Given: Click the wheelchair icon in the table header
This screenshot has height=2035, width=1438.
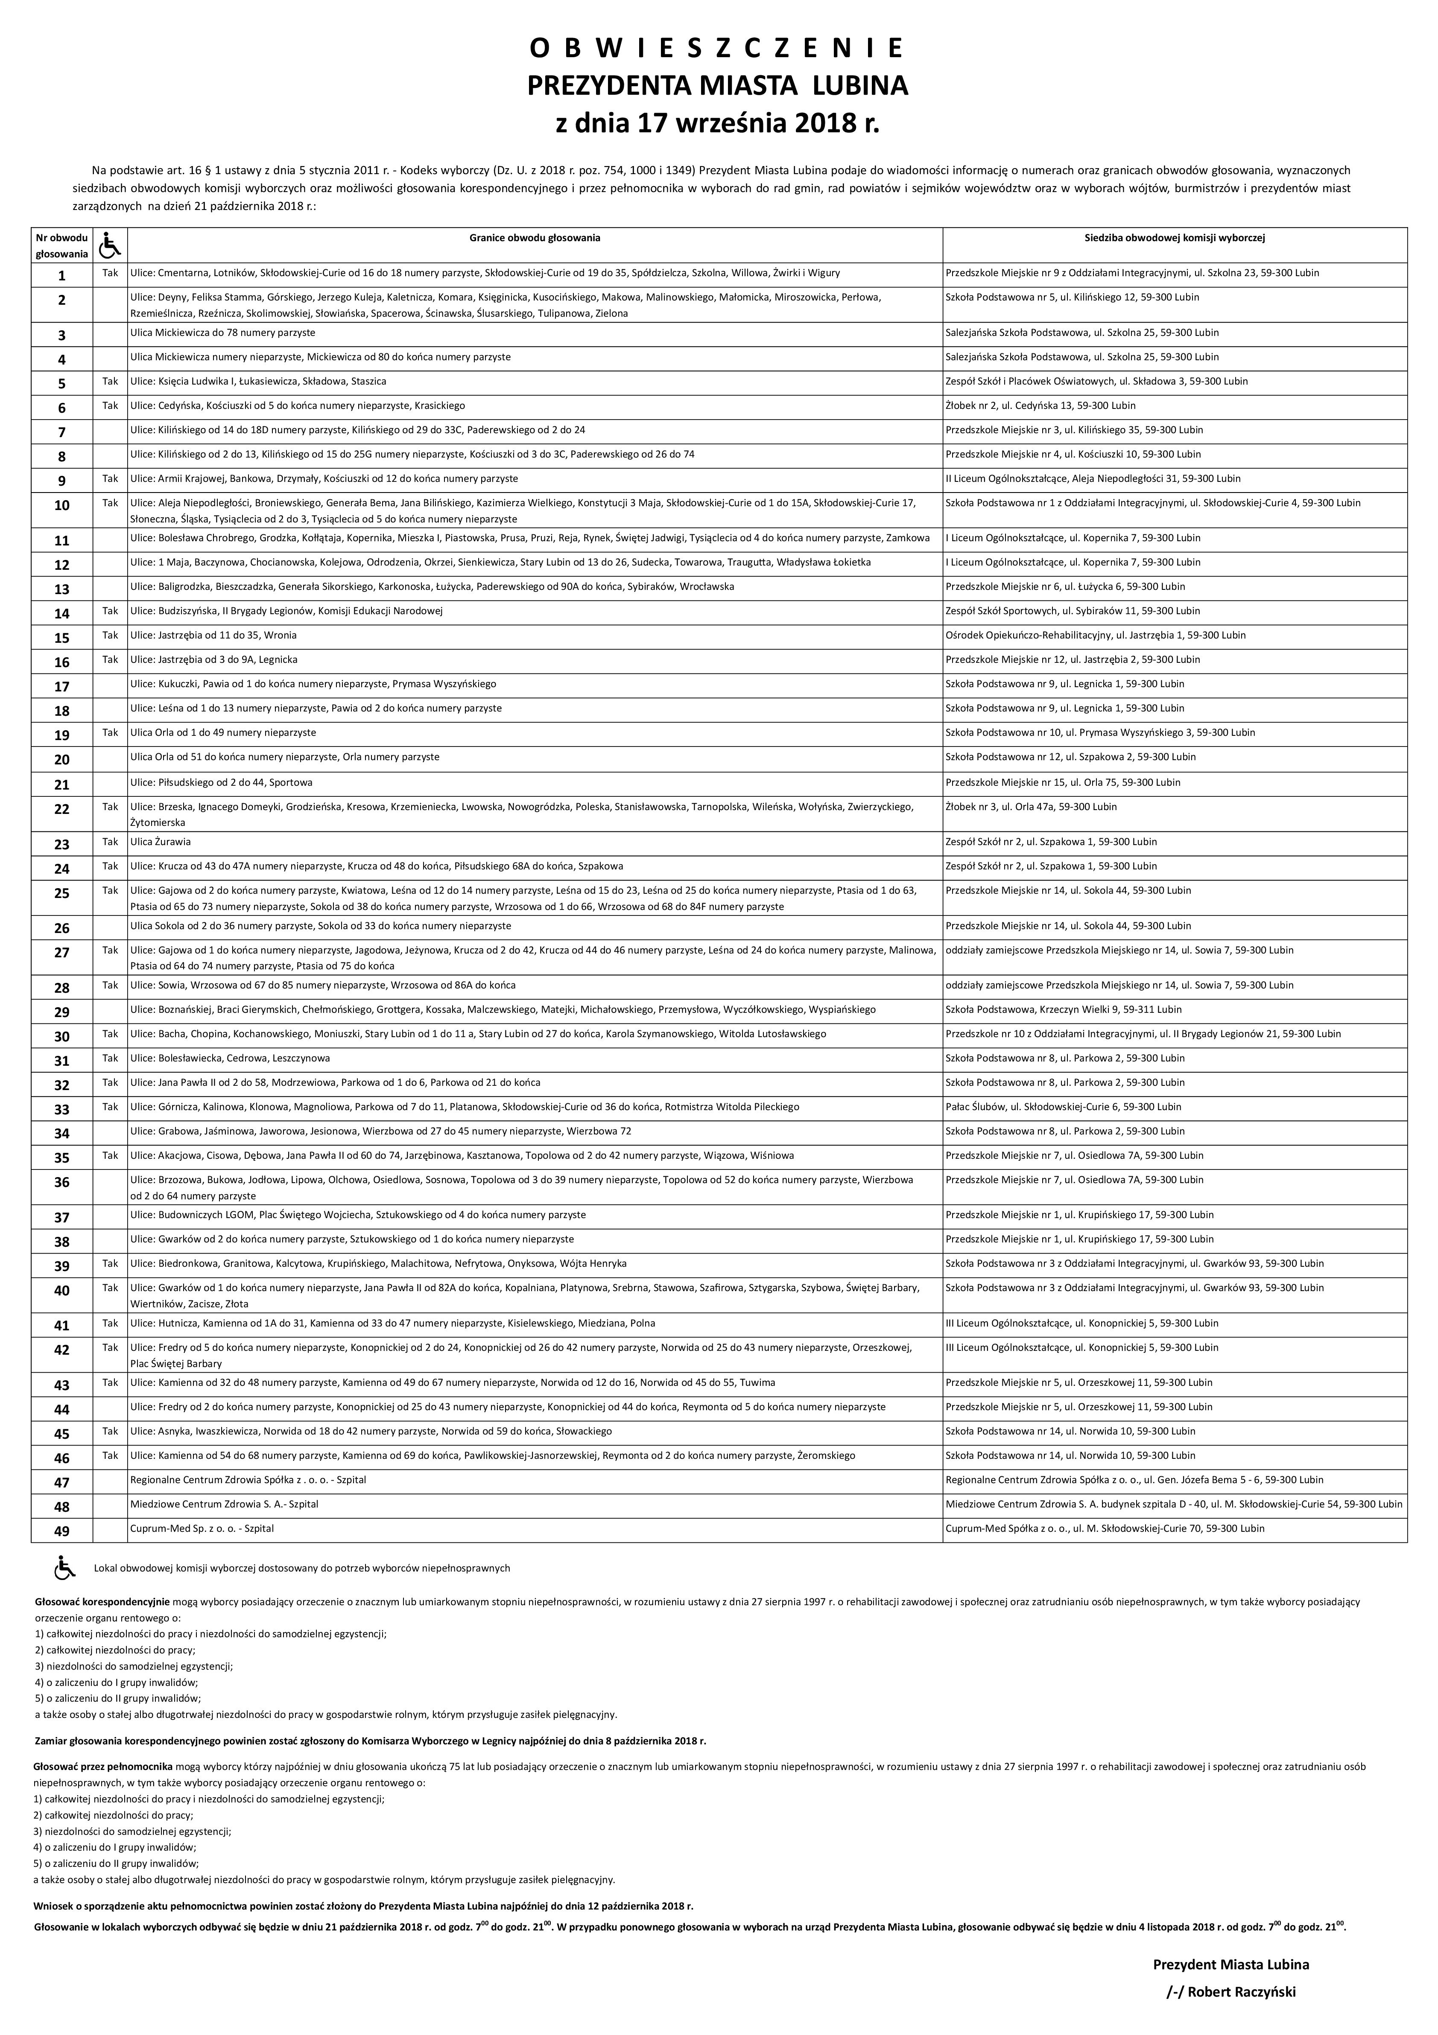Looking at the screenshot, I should [110, 245].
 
